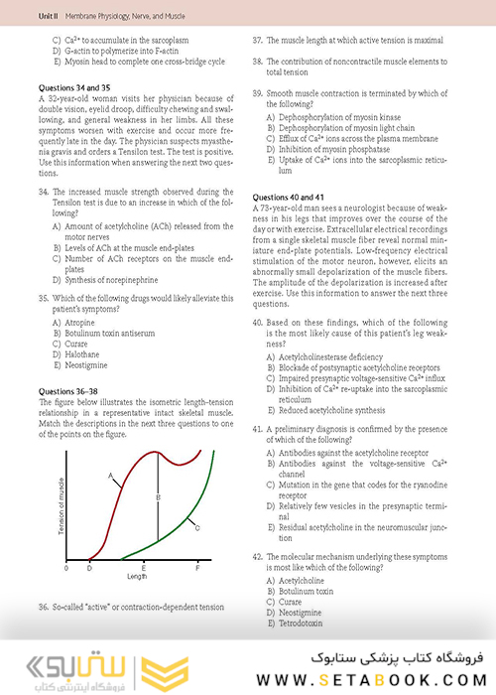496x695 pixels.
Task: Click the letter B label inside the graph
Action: click(x=159, y=495)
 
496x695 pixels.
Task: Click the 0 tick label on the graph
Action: click(x=66, y=568)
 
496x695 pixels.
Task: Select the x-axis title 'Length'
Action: click(x=137, y=576)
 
